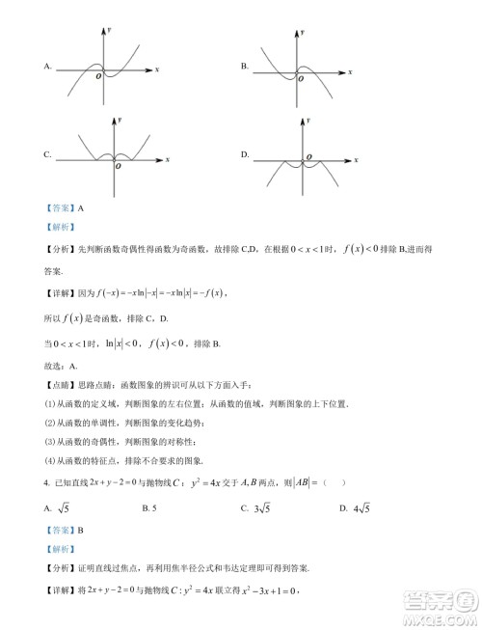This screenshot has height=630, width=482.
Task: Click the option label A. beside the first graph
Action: (x=46, y=67)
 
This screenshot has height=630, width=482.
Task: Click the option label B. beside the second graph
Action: (x=245, y=67)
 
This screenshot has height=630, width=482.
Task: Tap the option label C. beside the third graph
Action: (x=46, y=153)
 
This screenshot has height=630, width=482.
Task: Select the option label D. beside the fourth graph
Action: (x=245, y=153)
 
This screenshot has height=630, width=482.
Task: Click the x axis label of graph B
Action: (x=360, y=70)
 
